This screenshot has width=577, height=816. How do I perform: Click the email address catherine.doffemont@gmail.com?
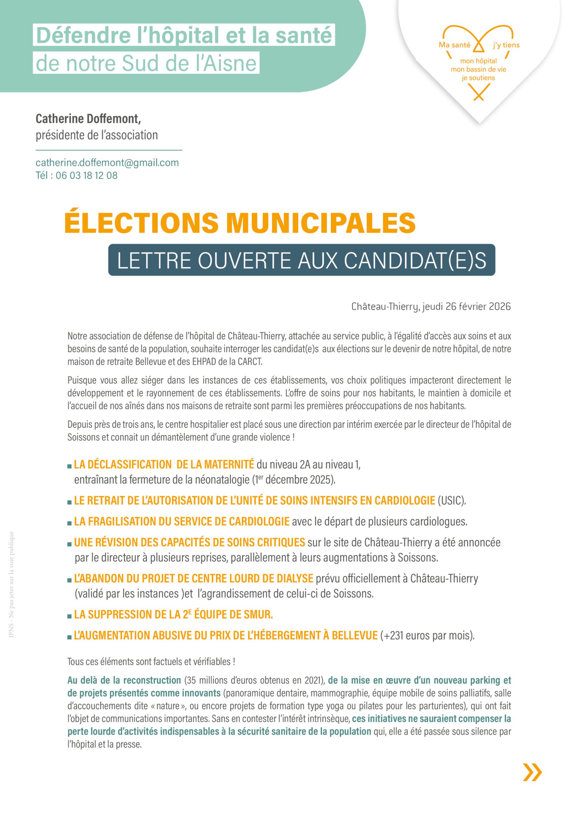(x=107, y=163)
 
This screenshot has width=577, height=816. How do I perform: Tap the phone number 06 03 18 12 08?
(x=86, y=176)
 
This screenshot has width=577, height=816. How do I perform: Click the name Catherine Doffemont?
(x=88, y=119)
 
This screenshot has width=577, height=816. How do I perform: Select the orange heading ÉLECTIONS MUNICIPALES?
(x=240, y=223)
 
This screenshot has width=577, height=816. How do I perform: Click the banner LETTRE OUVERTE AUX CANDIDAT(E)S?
(x=302, y=260)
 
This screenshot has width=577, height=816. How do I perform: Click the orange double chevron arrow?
(x=532, y=772)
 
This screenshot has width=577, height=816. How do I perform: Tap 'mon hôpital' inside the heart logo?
(x=478, y=61)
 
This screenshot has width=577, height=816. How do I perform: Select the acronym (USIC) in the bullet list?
(x=451, y=501)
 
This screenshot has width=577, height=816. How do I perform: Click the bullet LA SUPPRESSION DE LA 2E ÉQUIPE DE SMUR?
(x=173, y=614)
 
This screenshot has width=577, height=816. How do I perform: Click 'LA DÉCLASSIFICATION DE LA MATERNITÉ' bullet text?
(x=164, y=464)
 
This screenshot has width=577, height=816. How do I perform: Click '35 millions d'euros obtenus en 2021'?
(x=254, y=680)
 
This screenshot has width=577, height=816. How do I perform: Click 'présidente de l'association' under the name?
(x=97, y=135)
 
